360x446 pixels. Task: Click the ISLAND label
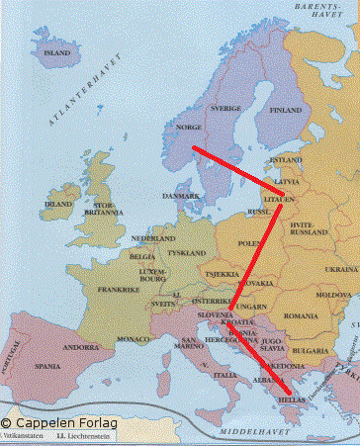(x=57, y=51)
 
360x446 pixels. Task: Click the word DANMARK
(x=181, y=196)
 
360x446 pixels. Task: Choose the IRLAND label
(x=58, y=205)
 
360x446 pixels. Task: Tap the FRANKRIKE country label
(x=119, y=291)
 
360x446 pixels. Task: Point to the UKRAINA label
(x=341, y=268)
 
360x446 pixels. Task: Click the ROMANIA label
(x=296, y=315)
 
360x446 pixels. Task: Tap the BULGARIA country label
(x=310, y=350)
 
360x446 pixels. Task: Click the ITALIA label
(x=226, y=375)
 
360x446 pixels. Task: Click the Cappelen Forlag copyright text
(x=60, y=422)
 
